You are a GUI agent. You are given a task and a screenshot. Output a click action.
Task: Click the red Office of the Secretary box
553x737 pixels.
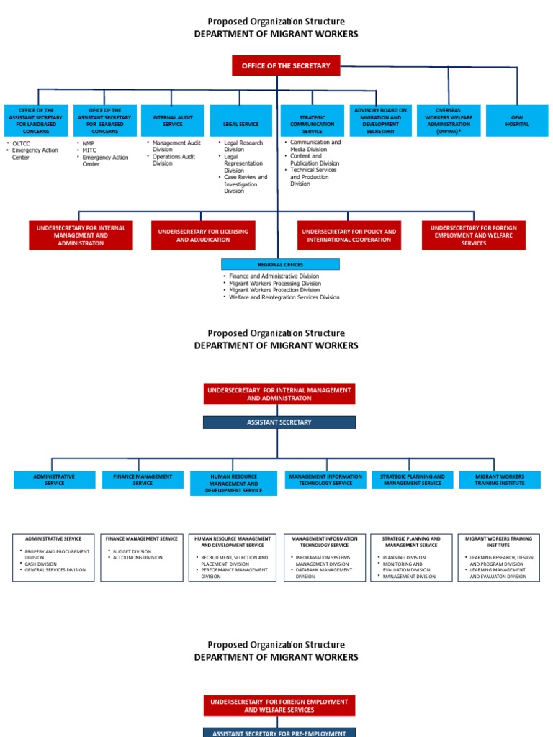tap(286, 65)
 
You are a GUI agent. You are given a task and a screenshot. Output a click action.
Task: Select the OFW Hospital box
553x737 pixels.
tap(516, 120)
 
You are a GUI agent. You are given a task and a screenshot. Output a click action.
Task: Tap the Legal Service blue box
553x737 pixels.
tap(240, 124)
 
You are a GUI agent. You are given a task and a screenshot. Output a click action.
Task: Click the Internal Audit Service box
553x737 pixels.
tap(172, 120)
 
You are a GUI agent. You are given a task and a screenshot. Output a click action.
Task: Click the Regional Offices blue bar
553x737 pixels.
tap(280, 264)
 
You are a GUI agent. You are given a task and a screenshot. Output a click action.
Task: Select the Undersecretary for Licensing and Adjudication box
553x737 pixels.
tap(203, 235)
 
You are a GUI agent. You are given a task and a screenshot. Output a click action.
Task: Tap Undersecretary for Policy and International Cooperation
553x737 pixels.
tap(349, 235)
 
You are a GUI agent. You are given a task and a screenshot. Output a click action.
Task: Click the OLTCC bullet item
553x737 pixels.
tap(21, 143)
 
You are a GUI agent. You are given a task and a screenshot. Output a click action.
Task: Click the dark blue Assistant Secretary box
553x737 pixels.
tap(279, 422)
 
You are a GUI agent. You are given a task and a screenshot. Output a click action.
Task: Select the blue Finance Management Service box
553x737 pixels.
tap(143, 479)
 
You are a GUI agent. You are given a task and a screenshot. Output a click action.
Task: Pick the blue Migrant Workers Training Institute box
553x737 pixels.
tap(499, 479)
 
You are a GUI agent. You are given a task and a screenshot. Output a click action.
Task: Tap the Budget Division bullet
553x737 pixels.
tap(132, 551)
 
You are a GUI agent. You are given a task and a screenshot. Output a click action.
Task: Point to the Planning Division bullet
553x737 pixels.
tap(404, 557)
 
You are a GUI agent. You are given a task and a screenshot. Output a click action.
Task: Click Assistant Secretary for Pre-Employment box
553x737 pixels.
tap(279, 733)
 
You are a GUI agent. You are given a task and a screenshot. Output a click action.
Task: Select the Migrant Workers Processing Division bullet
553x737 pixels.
tap(275, 284)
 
